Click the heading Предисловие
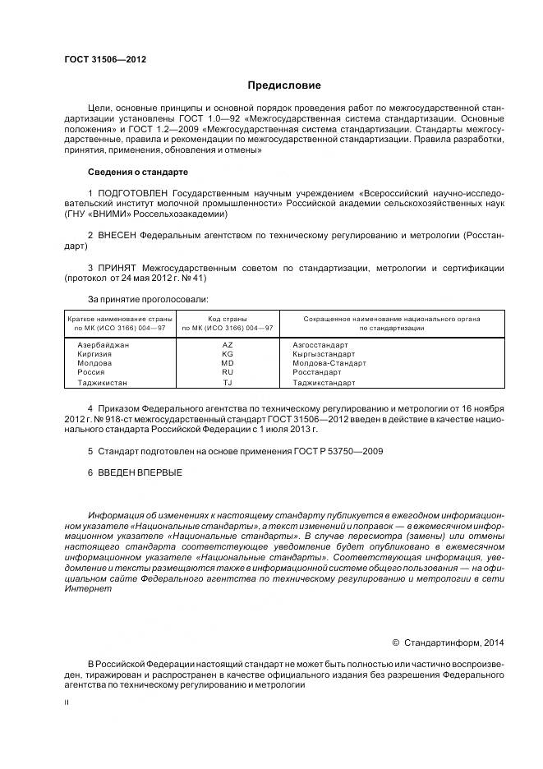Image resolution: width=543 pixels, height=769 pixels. [284, 85]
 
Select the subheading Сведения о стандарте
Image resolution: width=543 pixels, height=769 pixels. [137, 173]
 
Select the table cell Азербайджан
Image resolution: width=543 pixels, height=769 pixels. [103, 344]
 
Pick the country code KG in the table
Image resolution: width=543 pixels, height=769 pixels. [228, 353]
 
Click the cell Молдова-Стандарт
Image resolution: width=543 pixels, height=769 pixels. [329, 362]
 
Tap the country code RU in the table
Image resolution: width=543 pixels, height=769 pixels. [228, 371]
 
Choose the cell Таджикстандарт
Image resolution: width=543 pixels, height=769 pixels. [324, 382]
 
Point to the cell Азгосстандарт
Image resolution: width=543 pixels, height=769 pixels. [320, 344]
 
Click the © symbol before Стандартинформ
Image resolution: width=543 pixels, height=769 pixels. [394, 642]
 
